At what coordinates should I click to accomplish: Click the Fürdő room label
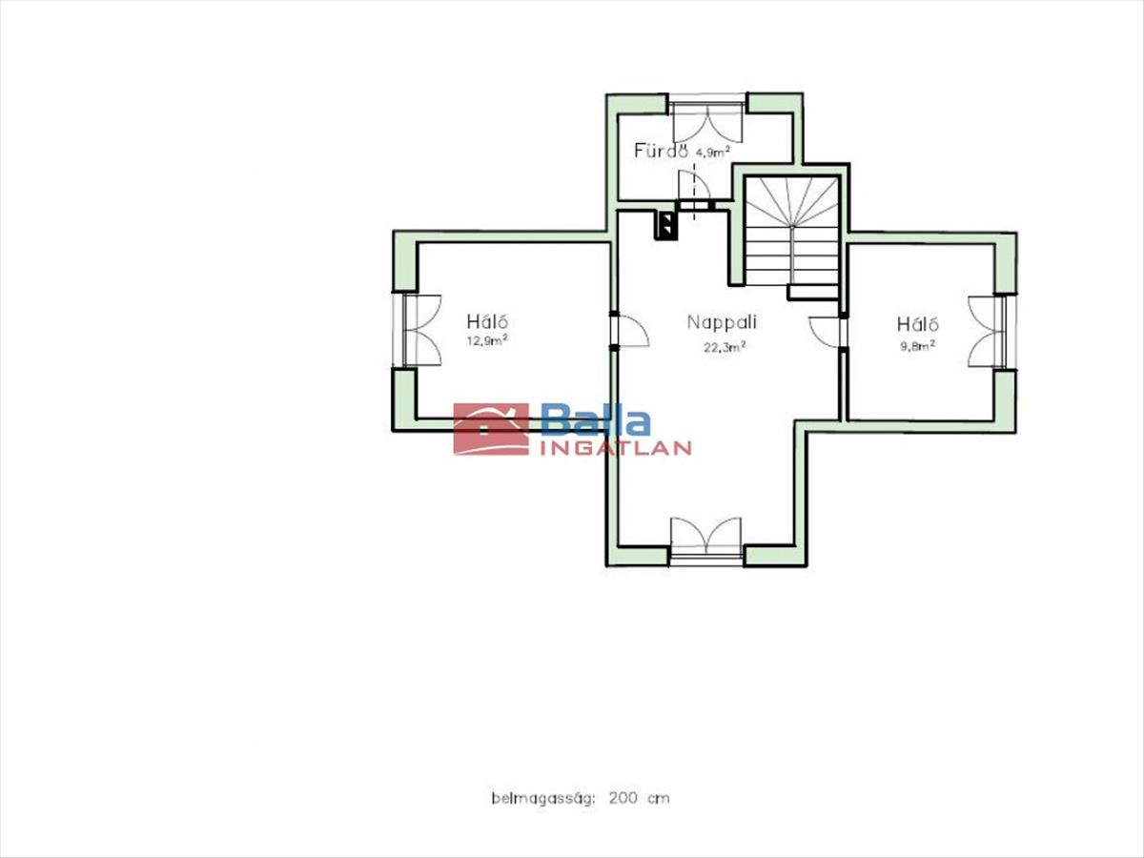pos(661,151)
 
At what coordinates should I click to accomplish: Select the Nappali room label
pos(722,322)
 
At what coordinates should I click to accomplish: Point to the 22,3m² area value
pos(725,347)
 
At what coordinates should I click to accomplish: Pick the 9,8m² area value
pos(918,346)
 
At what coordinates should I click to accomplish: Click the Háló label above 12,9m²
pos(487,320)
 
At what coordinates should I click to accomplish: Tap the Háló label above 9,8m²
pos(918,324)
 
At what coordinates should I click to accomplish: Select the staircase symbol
pos(791,237)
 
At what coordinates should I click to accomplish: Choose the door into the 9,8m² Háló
pos(826,332)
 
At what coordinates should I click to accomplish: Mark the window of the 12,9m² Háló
pos(417,330)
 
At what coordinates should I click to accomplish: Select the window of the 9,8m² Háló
pos(992,333)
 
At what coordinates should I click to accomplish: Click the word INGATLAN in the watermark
pos(616,448)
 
